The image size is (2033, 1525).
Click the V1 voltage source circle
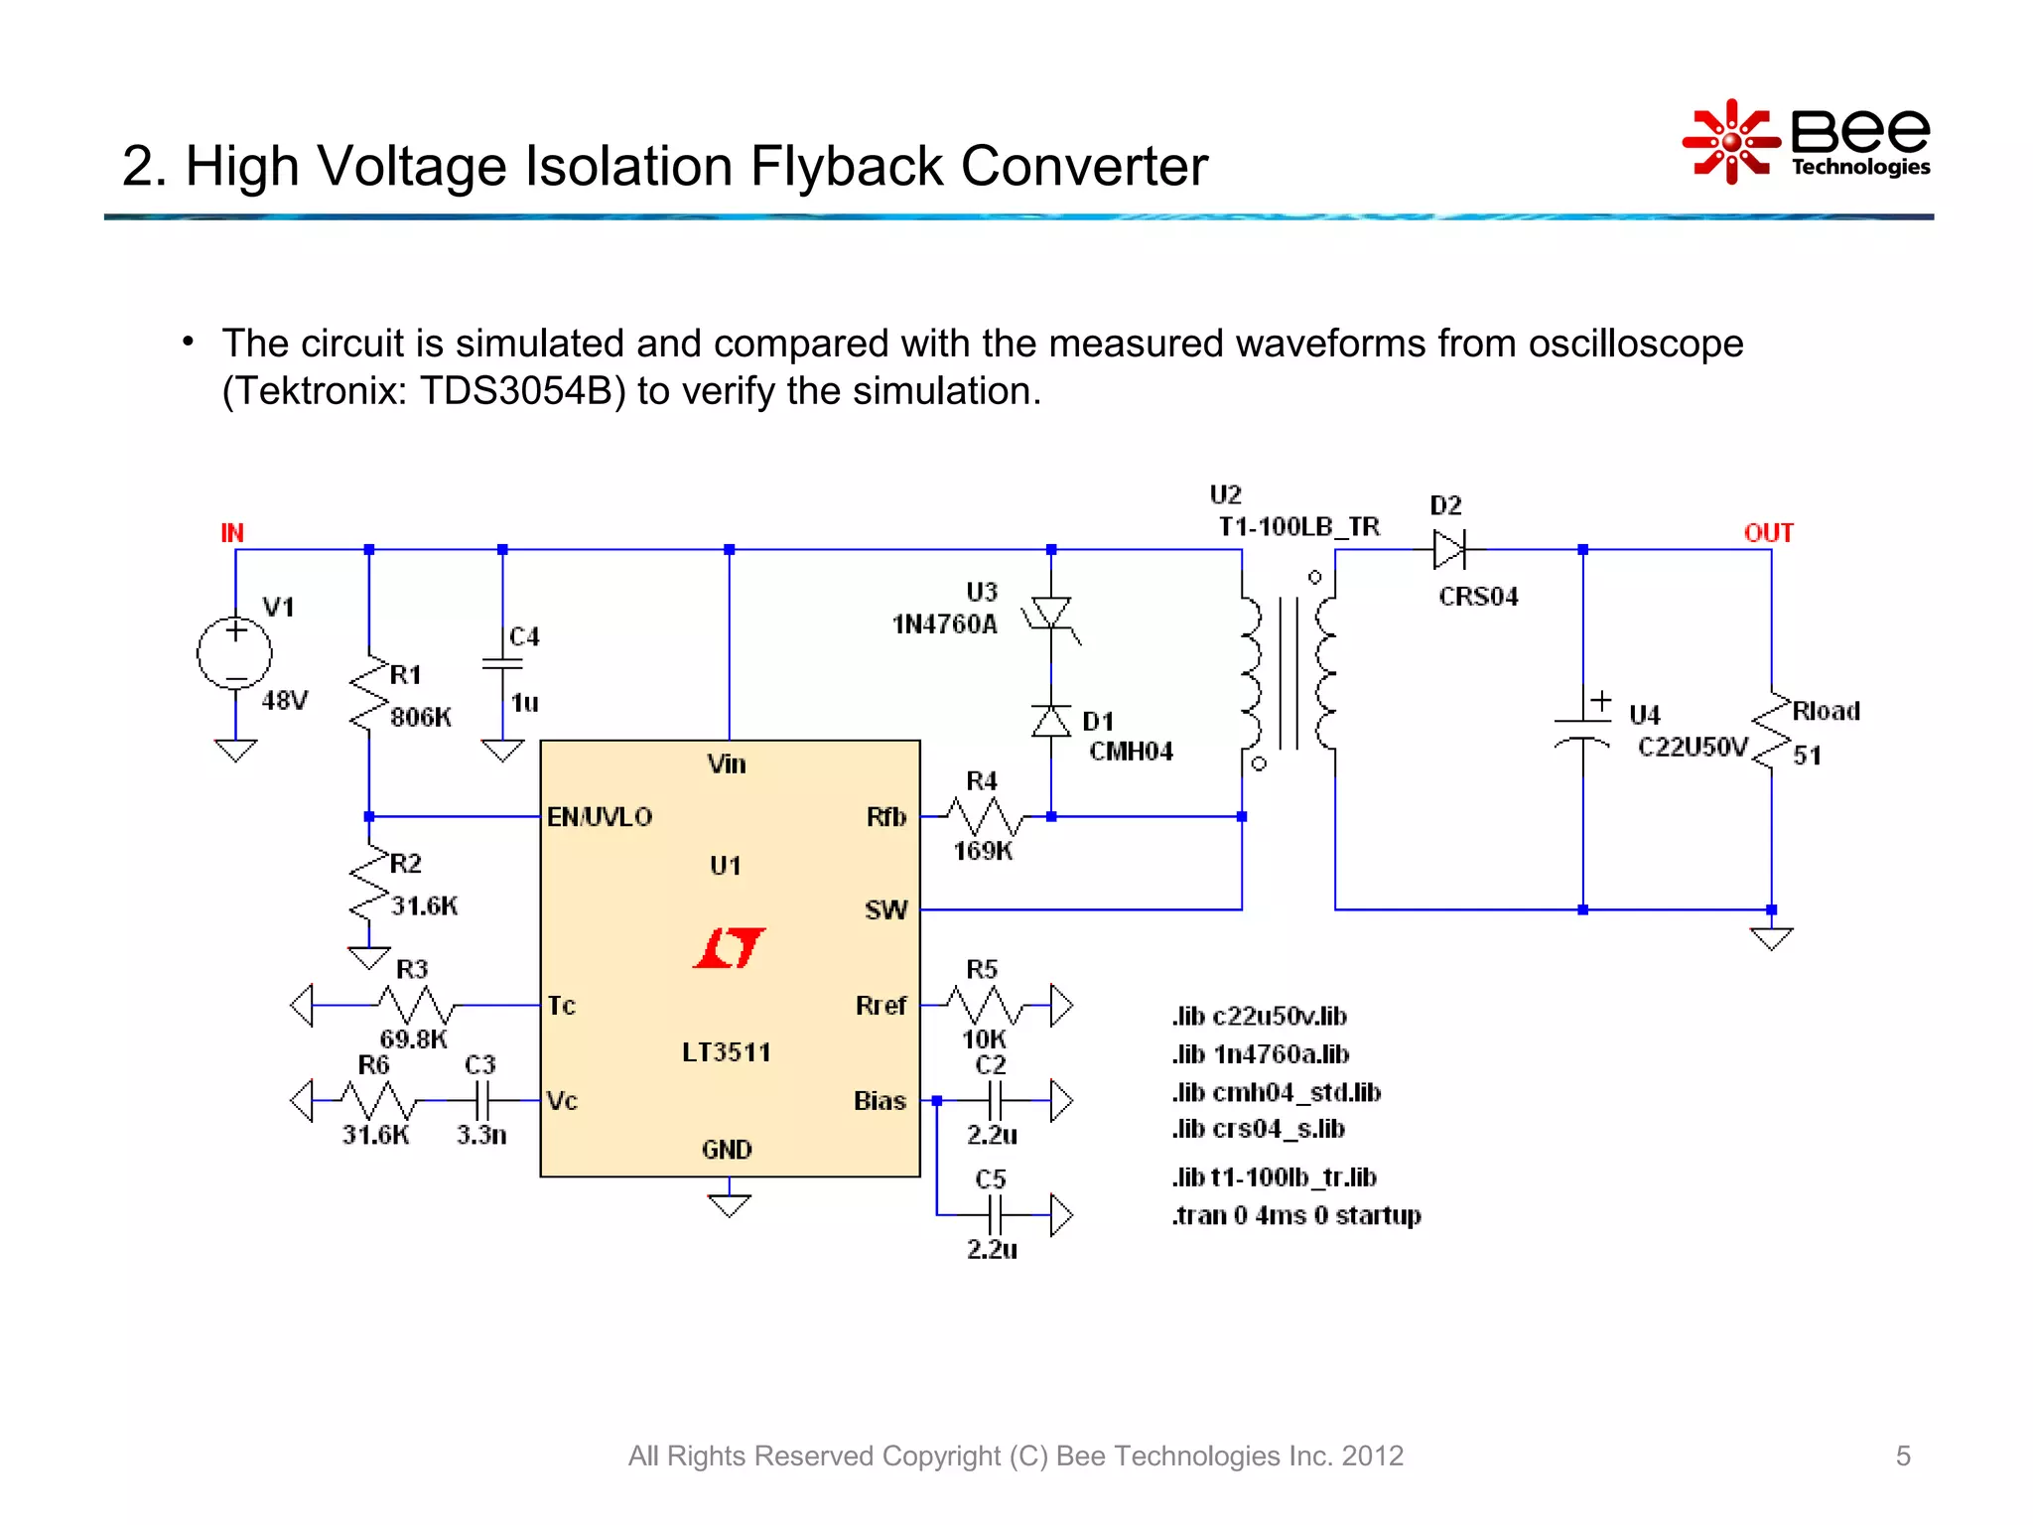click(234, 654)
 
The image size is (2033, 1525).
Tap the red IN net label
click(232, 533)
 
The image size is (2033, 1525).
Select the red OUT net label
click(1768, 533)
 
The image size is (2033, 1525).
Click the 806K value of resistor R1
click(421, 717)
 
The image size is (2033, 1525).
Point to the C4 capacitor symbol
click(502, 665)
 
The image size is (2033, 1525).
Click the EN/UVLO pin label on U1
click(600, 817)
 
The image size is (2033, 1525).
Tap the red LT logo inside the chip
click(730, 948)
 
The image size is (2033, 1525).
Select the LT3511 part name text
click(727, 1052)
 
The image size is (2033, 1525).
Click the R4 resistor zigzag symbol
click(983, 816)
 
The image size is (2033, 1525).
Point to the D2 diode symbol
click(1449, 549)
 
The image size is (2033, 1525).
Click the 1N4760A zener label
click(944, 624)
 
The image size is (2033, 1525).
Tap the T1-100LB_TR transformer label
click(1298, 527)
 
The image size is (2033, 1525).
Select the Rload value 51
click(1807, 756)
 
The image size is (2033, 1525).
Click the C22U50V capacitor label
click(1693, 747)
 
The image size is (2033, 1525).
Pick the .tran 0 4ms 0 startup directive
click(1296, 1215)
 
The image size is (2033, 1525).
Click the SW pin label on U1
click(885, 910)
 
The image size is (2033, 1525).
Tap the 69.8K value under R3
click(413, 1040)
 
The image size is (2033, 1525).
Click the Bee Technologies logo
click(1807, 142)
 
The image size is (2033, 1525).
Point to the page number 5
click(1902, 1456)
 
